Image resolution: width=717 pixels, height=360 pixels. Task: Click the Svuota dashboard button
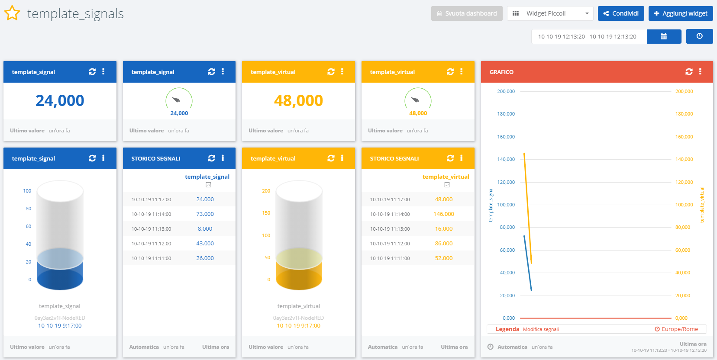(467, 13)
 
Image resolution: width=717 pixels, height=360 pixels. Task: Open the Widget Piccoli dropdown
(549, 13)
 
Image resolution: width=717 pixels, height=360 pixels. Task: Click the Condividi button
(621, 13)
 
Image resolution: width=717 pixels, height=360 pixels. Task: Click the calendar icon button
(664, 36)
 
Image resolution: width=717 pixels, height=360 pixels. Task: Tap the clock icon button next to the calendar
(699, 36)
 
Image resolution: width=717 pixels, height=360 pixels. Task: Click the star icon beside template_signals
(12, 13)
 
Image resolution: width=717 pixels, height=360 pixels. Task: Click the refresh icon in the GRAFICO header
(689, 72)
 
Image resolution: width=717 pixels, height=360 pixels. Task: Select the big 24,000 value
(60, 101)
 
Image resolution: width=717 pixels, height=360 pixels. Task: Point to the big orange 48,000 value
(298, 101)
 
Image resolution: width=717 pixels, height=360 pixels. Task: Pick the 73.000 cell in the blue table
(205, 214)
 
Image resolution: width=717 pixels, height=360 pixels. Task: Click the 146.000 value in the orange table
(443, 214)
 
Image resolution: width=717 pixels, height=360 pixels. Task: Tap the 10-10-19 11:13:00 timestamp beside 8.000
(151, 229)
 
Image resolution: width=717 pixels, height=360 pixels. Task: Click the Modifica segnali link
(541, 329)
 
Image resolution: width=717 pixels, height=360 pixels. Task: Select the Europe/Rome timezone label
(679, 329)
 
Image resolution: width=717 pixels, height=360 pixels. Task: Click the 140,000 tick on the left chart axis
(506, 159)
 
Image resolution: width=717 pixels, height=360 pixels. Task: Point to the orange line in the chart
(528, 208)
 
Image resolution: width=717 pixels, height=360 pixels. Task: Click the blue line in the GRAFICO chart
(528, 263)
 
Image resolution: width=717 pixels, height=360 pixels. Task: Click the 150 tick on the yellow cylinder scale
(266, 213)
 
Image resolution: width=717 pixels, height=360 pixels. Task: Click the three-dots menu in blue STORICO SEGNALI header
(223, 158)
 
